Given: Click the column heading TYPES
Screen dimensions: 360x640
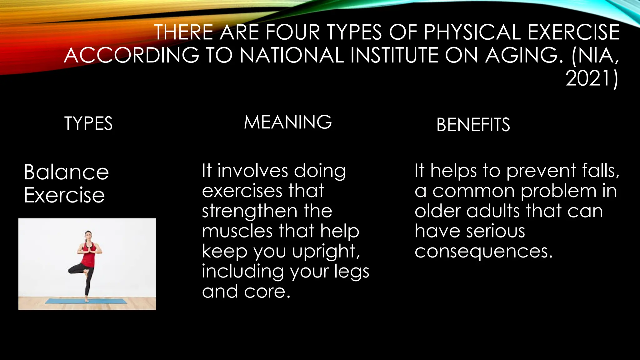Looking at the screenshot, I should (88, 123).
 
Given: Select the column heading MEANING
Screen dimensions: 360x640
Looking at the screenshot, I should (288, 122).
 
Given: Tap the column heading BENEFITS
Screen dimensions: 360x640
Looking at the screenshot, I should (473, 125).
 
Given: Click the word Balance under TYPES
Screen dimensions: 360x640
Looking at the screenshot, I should (66, 172).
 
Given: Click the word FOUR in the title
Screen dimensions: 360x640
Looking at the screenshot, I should (293, 32).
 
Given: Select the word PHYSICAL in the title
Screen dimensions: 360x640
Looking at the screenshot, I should (472, 32).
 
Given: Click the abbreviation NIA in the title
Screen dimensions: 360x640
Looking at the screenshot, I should (597, 56).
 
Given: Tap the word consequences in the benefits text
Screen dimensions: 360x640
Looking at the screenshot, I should (483, 252).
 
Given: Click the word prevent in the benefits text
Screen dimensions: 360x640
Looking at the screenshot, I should (541, 172).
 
